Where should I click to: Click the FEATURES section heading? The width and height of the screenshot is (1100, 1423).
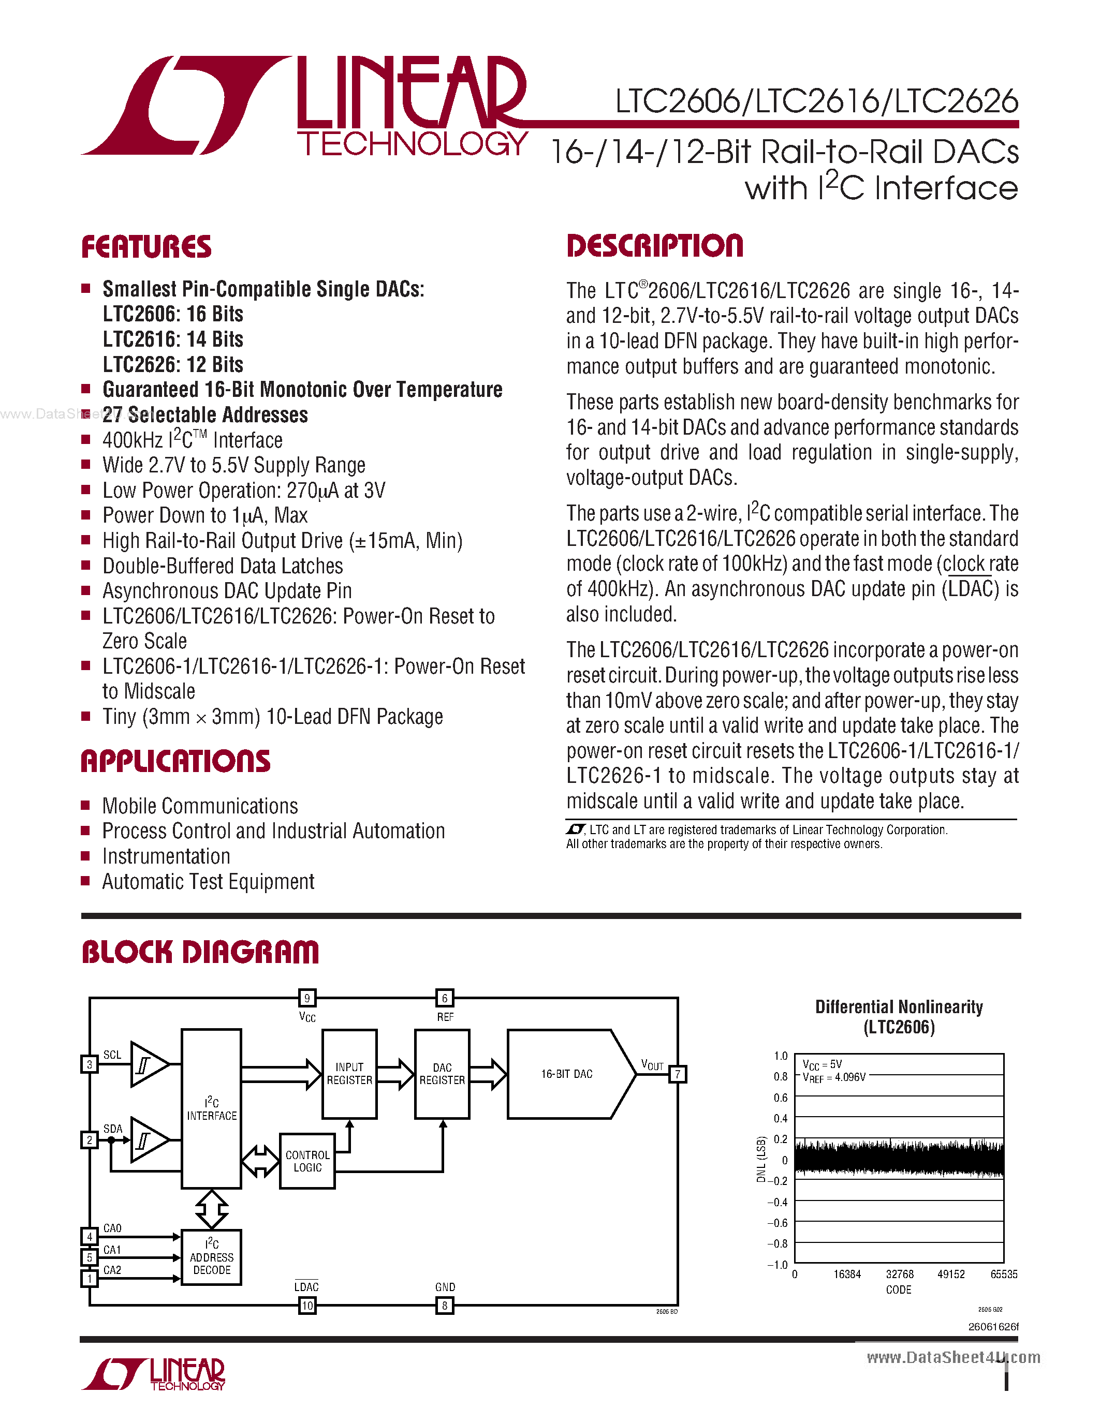[x=146, y=247]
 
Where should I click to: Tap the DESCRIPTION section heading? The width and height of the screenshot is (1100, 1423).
[x=654, y=246]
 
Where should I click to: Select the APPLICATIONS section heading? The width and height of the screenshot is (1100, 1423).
[x=175, y=761]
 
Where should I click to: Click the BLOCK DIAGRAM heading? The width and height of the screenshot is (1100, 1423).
[x=200, y=952]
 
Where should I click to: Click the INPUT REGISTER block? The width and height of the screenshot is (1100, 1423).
[x=349, y=1074]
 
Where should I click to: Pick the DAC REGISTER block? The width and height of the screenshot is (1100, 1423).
[x=442, y=1074]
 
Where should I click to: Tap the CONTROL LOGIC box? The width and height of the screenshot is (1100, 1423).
[x=307, y=1161]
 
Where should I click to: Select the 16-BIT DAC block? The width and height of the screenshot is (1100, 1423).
[x=566, y=1074]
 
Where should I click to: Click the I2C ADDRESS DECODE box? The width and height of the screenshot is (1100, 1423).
[x=211, y=1257]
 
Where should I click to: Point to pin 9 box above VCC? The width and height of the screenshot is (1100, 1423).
[x=307, y=998]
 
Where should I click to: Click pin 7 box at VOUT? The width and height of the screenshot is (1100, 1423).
[x=678, y=1074]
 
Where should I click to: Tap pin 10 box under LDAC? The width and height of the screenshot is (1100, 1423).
[x=307, y=1305]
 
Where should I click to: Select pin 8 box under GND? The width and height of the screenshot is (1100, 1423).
[x=445, y=1305]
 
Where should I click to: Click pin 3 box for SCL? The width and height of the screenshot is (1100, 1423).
[x=89, y=1064]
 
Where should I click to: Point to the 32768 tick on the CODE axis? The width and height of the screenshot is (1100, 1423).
[x=899, y=1274]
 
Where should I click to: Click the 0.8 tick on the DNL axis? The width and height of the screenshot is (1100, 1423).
[x=780, y=1076]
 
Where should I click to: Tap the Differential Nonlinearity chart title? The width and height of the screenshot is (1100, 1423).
[x=899, y=1016]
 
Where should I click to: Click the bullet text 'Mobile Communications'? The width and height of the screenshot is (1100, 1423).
[x=200, y=806]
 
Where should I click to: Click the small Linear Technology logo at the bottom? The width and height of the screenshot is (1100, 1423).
[x=154, y=1375]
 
